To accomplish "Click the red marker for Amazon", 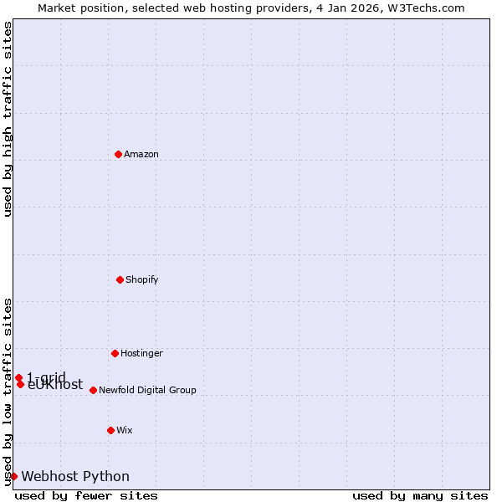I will (x=118, y=154).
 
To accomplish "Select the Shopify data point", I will (x=120, y=279).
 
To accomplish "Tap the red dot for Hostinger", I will (x=115, y=353).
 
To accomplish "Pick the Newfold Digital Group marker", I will (x=93, y=390).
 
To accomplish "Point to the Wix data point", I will (x=110, y=430).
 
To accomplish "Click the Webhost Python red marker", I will (x=13, y=476).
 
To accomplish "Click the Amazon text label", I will (x=141, y=155).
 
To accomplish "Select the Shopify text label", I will (x=142, y=280).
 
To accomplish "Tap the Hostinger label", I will (x=141, y=354).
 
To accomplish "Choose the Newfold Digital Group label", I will (x=147, y=391).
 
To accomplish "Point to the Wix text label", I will (x=125, y=431).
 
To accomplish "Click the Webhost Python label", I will (x=75, y=477).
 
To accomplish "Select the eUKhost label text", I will (x=55, y=386).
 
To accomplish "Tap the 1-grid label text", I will (x=46, y=376).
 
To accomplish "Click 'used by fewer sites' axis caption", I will (x=86, y=496).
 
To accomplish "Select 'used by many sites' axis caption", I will (x=420, y=496).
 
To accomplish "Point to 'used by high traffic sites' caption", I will (x=8, y=119).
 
